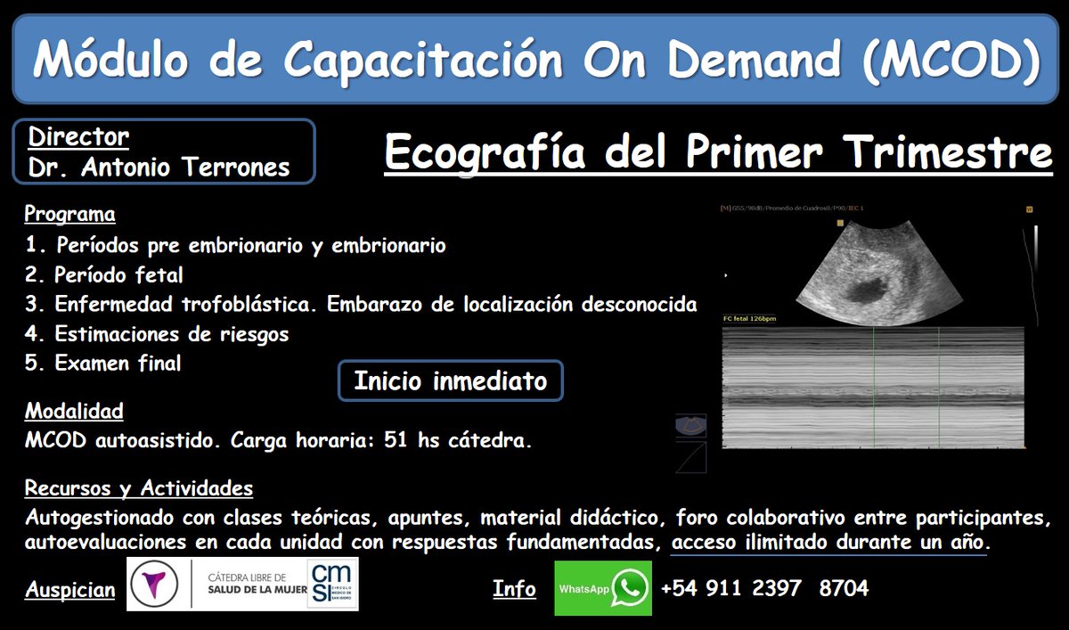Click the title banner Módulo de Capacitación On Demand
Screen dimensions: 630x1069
pyautogui.click(x=534, y=59)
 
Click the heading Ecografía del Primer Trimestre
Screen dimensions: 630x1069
pyautogui.click(x=718, y=152)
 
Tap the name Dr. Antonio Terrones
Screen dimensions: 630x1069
pyautogui.click(x=159, y=168)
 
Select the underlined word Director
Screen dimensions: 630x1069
pyautogui.click(x=78, y=137)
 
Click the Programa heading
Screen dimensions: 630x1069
pyautogui.click(x=69, y=215)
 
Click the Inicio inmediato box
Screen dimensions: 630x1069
pyautogui.click(x=450, y=381)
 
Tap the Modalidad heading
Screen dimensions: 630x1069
pyautogui.click(x=74, y=412)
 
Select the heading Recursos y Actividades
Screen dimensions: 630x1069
pyautogui.click(x=138, y=488)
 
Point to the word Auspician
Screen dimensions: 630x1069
pyautogui.click(x=69, y=590)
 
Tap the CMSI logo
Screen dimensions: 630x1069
pyautogui.click(x=331, y=585)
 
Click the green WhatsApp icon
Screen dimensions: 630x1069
pyautogui.click(x=631, y=588)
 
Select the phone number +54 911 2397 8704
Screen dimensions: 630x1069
pyautogui.click(x=764, y=588)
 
